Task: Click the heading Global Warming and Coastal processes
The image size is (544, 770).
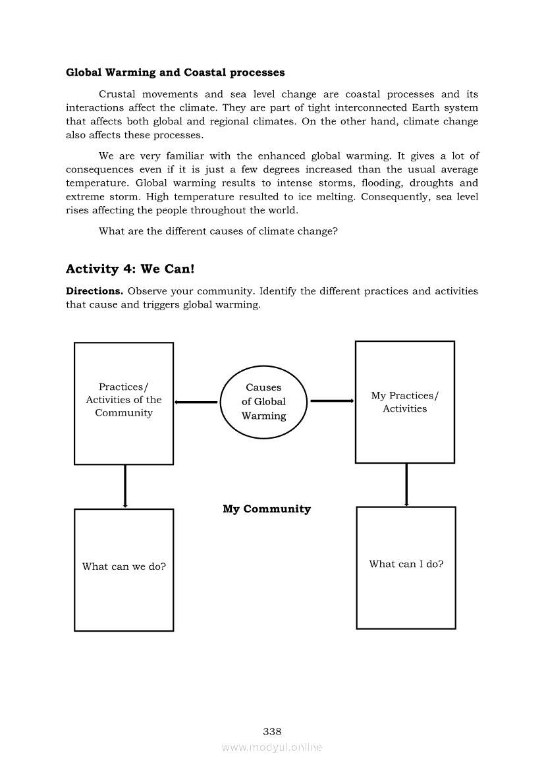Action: pos(175,72)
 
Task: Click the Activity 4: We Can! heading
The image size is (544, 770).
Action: pos(130,269)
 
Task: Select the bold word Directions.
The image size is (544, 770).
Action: pos(94,291)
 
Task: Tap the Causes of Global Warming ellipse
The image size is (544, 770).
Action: pos(263,402)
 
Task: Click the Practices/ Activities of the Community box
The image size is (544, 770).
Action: pos(124,403)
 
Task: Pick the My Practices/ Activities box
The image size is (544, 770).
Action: pos(404,402)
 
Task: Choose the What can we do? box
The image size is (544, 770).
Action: pos(124,570)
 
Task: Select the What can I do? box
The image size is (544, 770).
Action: pos(406,567)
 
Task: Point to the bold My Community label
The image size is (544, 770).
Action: pos(267,509)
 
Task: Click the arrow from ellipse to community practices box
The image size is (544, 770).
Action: pos(196,402)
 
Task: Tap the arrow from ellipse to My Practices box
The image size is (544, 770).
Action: pos(332,400)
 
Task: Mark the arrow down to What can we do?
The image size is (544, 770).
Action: pos(124,486)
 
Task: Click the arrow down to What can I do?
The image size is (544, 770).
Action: pos(406,485)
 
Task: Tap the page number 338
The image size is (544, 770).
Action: pos(272,731)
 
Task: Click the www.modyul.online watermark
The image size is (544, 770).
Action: pos(272,747)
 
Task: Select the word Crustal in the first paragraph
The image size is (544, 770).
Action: pos(117,94)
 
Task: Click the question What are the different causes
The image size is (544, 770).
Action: pos(218,231)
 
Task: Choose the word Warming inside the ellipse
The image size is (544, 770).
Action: pos(263,416)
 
